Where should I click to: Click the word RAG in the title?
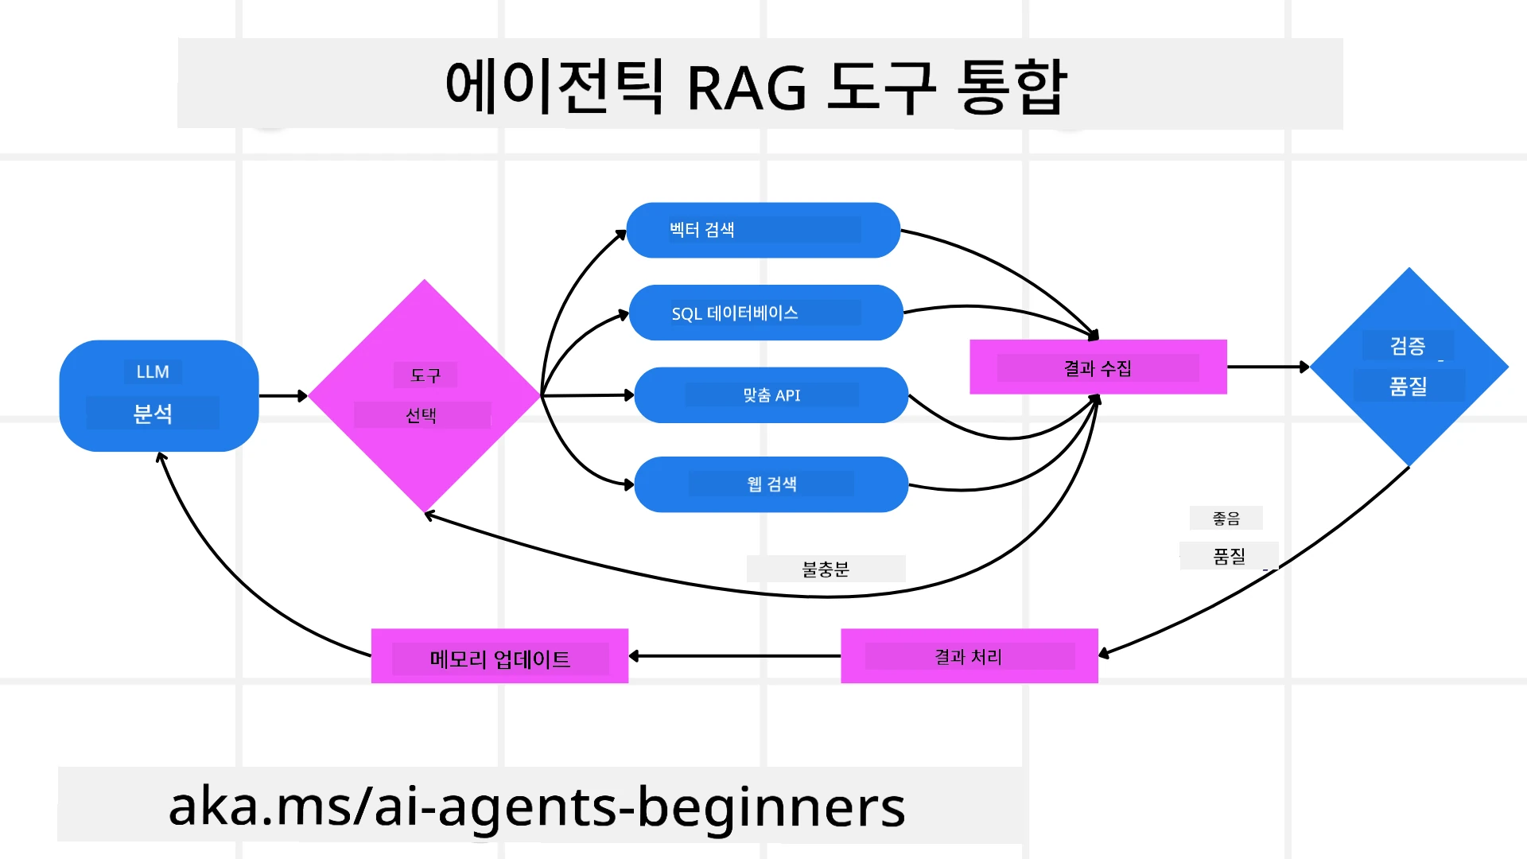point(746,87)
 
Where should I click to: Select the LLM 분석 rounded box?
point(158,395)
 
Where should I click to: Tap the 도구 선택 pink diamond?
point(424,395)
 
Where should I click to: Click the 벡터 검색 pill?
point(763,230)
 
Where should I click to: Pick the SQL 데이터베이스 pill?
point(765,313)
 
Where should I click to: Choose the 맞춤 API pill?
point(771,395)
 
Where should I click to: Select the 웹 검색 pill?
point(771,484)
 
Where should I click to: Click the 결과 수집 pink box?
point(1098,367)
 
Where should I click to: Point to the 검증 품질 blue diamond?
point(1408,367)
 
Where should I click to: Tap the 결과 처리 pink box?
point(969,656)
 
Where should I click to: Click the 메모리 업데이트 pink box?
point(499,656)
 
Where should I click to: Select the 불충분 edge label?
point(826,569)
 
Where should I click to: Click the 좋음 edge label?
point(1226,519)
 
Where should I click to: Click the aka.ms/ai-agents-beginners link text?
point(537,806)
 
